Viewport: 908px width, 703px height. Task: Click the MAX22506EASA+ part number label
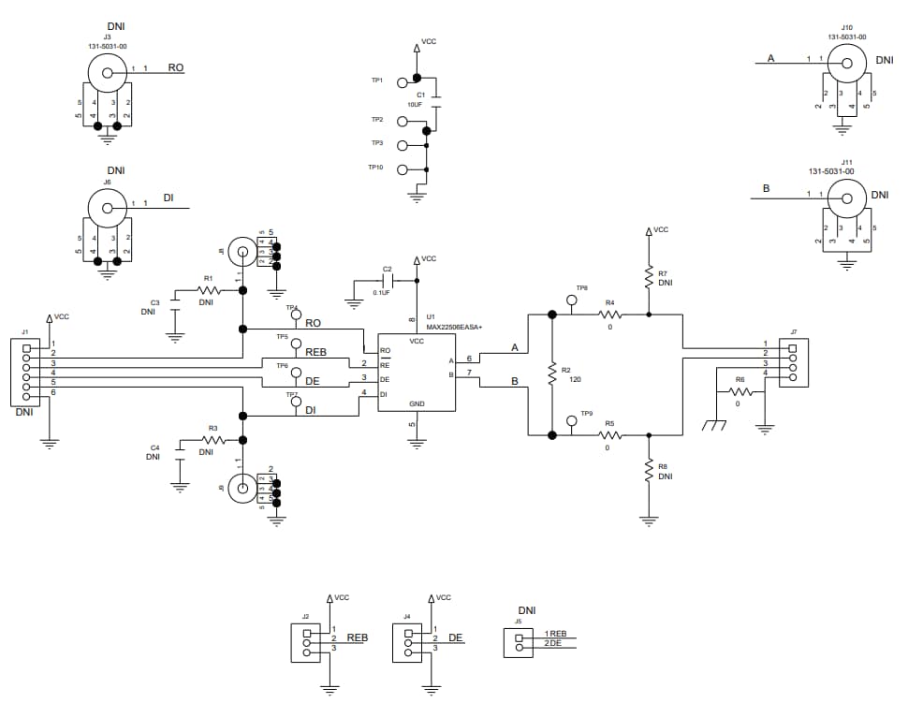pyautogui.click(x=454, y=327)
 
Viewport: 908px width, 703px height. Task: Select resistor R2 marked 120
pyautogui.click(x=552, y=373)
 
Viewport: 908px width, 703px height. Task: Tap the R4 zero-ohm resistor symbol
pyautogui.click(x=609, y=315)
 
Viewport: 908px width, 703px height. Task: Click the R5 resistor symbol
pyautogui.click(x=609, y=434)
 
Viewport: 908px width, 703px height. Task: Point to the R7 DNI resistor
pyautogui.click(x=647, y=276)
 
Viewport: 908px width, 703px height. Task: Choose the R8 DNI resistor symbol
pyautogui.click(x=647, y=471)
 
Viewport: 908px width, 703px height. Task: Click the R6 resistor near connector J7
pyautogui.click(x=740, y=391)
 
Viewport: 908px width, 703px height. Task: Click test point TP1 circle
pyautogui.click(x=403, y=81)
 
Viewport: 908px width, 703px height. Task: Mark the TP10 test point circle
pyautogui.click(x=403, y=169)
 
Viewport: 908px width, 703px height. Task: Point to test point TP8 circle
pyautogui.click(x=572, y=300)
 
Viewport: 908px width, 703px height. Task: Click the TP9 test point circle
pyautogui.click(x=572, y=420)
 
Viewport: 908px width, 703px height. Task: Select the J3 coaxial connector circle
pyautogui.click(x=107, y=71)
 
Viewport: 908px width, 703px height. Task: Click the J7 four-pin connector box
pyautogui.click(x=792, y=363)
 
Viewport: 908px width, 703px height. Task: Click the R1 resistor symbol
pyautogui.click(x=208, y=290)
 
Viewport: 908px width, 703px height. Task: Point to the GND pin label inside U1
pyautogui.click(x=417, y=403)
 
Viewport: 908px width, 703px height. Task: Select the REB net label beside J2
pyautogui.click(x=357, y=637)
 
